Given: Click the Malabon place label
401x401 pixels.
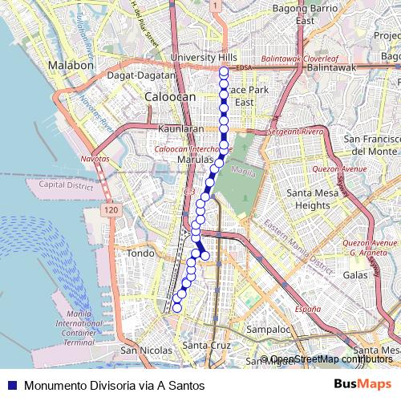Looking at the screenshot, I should [71, 65].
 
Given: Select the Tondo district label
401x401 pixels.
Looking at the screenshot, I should [140, 253].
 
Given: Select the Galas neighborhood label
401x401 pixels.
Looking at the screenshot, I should [354, 274].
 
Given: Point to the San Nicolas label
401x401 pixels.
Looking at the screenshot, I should [146, 350].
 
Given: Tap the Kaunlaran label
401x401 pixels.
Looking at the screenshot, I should [181, 128].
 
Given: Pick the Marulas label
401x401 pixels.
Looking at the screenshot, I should [192, 160].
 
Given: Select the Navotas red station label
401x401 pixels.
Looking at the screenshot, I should [95, 159].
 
